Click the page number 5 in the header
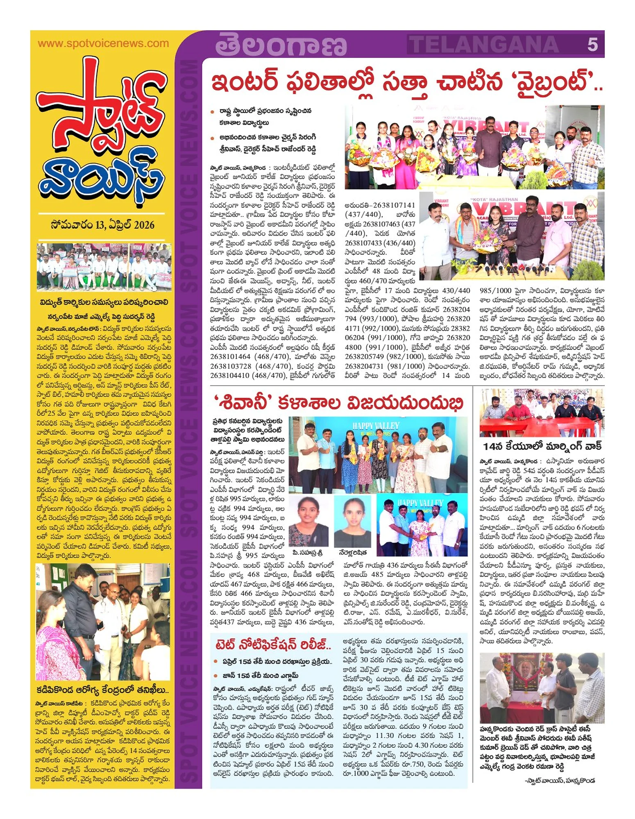coord(592,44)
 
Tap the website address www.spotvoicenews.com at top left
coord(103,43)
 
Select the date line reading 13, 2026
coord(103,225)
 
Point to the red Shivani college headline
coord(338,403)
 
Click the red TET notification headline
coord(273,644)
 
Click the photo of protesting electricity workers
coord(104,267)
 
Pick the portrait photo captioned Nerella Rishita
coord(352,521)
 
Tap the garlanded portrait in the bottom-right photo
coord(527,676)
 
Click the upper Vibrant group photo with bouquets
coord(474,147)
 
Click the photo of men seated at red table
coord(542,413)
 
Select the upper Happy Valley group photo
coord(378,455)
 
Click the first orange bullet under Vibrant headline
coord(212,111)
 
